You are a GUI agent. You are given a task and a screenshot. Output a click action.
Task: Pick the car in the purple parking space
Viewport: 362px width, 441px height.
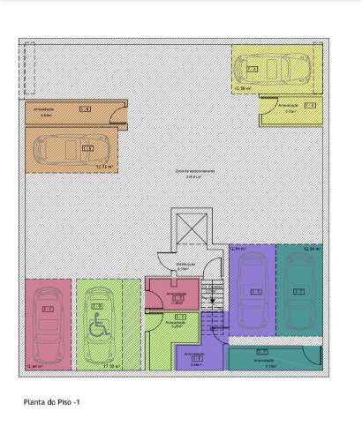pos(253,291)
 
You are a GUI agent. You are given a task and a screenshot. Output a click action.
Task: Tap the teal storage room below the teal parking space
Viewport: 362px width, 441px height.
pos(275,357)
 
